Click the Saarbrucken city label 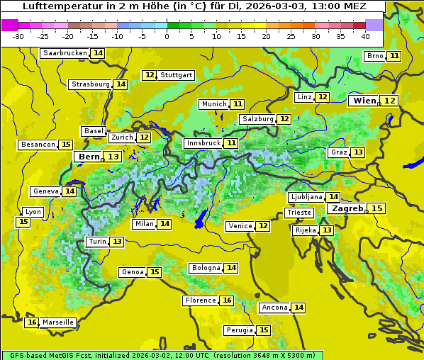tap(65, 53)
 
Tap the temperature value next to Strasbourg tap(121, 84)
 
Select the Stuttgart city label tap(177, 75)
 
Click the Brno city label tap(375, 56)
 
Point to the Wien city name tap(364, 101)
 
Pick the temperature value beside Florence tap(227, 300)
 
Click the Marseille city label tap(57, 322)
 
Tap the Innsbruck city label tap(203, 143)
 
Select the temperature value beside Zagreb tap(377, 208)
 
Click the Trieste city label tap(298, 213)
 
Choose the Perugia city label tap(238, 330)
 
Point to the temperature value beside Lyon tap(23, 222)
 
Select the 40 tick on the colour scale tap(365, 36)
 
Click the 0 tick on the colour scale tap(167, 36)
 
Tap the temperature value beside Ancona tap(299, 308)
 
